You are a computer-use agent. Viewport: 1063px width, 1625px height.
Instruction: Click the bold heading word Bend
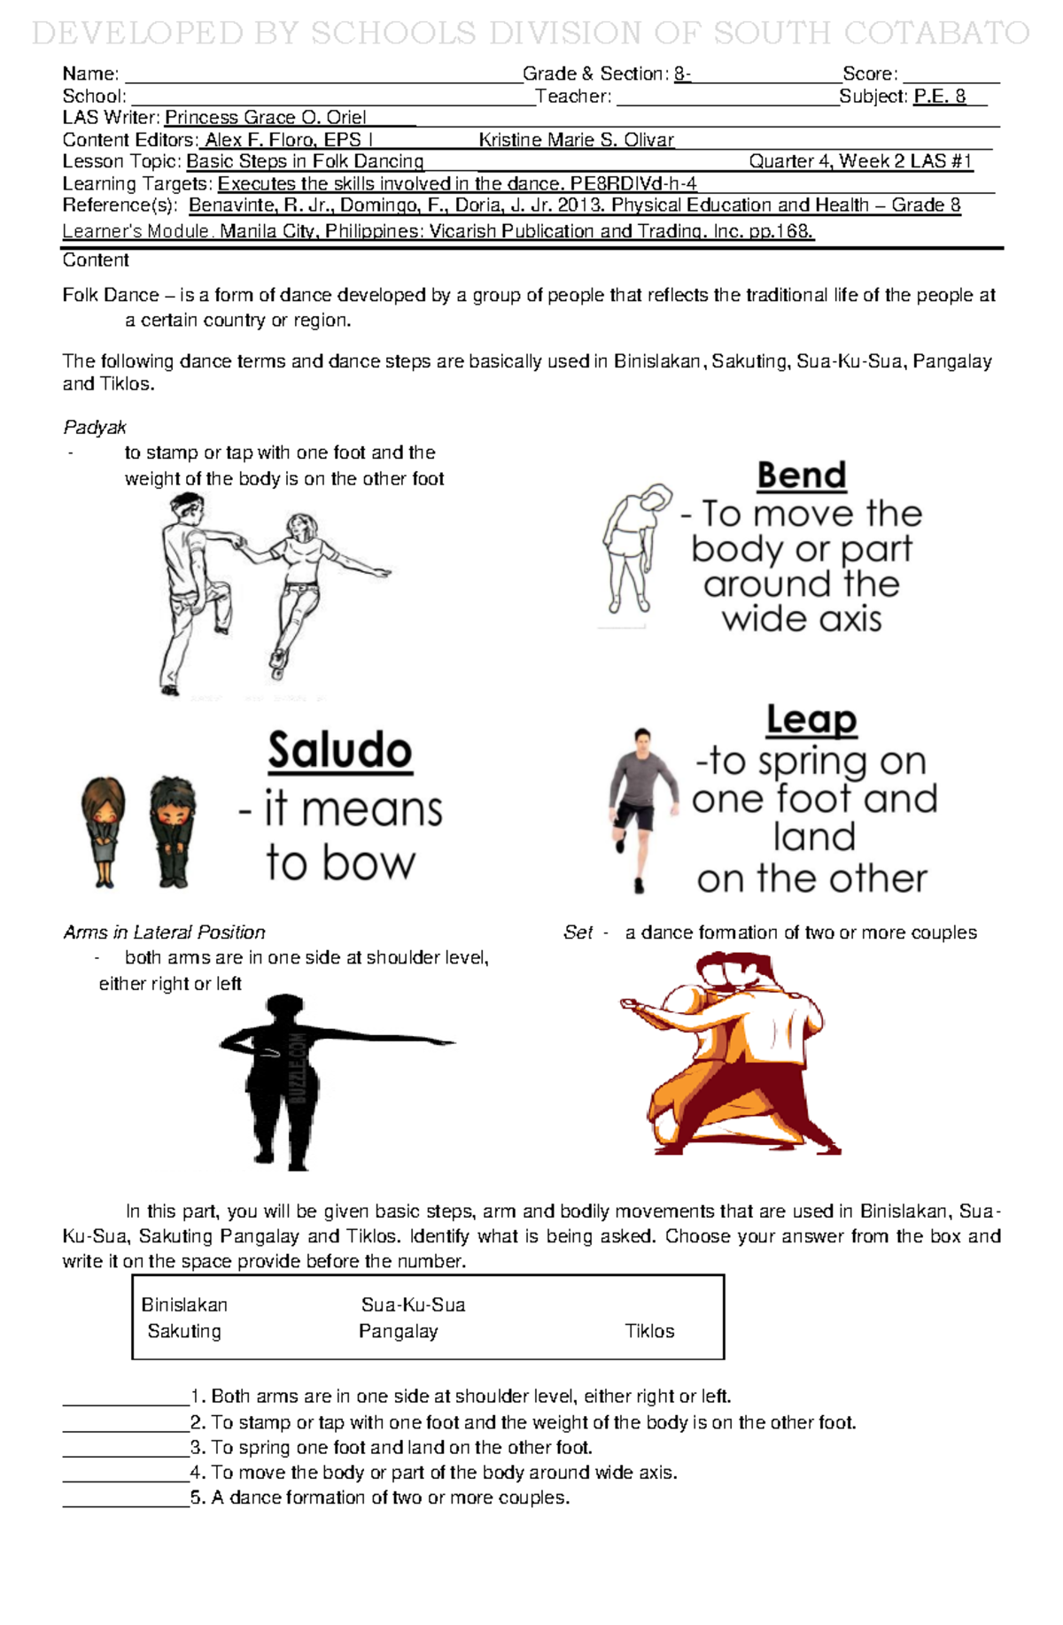point(802,476)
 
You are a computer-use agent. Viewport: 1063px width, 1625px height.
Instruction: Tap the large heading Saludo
point(340,751)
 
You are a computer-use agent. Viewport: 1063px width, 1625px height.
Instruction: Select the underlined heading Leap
point(811,720)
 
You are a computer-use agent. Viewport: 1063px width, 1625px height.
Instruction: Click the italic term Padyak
point(95,428)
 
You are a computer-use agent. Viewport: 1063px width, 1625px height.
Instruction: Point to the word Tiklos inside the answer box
point(649,1331)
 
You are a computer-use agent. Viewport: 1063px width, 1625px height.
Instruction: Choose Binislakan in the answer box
point(184,1304)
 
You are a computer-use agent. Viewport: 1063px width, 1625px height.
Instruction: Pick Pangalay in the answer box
point(399,1331)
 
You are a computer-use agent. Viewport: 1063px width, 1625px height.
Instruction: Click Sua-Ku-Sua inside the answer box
point(413,1304)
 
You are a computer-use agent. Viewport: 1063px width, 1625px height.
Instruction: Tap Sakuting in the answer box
point(184,1331)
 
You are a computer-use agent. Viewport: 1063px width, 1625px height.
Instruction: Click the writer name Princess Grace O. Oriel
point(265,118)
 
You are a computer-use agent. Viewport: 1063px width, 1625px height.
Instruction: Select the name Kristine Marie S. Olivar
point(577,140)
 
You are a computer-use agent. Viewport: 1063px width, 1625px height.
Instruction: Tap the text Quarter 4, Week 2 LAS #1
point(860,161)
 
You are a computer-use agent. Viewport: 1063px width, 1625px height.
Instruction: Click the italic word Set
point(578,932)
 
